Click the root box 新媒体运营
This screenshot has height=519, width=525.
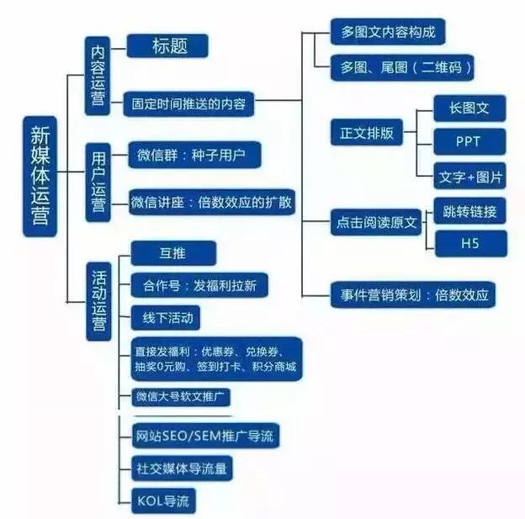click(40, 177)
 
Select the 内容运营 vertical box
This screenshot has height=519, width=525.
click(98, 76)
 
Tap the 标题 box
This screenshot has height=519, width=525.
click(167, 46)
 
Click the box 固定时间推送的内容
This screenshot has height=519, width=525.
click(188, 103)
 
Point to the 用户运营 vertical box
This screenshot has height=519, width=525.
click(98, 183)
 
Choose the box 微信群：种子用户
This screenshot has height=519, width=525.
click(194, 155)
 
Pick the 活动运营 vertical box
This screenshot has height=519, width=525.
click(98, 301)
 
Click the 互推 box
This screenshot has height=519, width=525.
click(173, 253)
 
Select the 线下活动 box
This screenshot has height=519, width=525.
click(166, 317)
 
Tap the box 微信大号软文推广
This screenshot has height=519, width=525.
click(181, 397)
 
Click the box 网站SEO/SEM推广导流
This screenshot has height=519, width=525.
click(205, 436)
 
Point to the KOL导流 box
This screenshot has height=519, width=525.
click(163, 501)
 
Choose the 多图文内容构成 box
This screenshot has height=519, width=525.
click(388, 32)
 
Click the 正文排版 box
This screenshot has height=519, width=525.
click(367, 132)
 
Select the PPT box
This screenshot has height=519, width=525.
click(469, 141)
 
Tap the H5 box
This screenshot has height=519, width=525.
click(471, 243)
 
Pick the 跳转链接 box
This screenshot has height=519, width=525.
click(469, 211)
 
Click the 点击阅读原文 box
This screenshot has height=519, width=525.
click(376, 222)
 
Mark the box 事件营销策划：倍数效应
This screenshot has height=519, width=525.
click(413, 295)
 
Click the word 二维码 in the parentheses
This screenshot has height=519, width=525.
click(442, 67)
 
